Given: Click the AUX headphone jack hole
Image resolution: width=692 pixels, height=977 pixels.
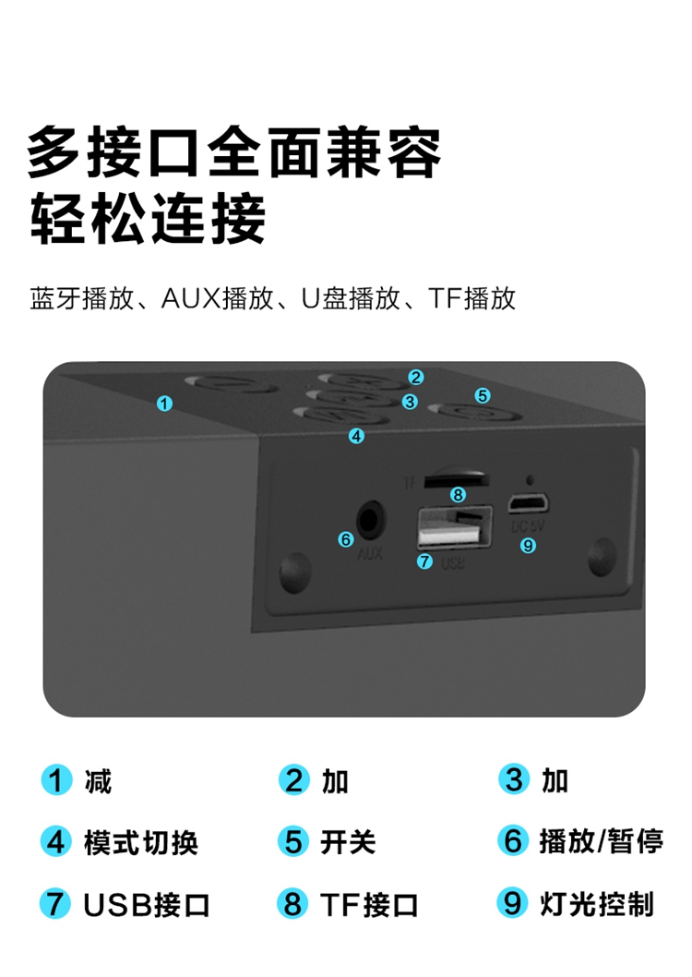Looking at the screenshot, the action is (371, 520).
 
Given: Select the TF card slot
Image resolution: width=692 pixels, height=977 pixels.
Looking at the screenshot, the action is (456, 479).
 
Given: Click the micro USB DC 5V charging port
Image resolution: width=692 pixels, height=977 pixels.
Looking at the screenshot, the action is (528, 502).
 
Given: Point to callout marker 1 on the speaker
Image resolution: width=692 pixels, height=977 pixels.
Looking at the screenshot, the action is (164, 404).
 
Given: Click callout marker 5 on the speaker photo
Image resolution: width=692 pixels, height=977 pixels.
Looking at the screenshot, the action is (483, 395).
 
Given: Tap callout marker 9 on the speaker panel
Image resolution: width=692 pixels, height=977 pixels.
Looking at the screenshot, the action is (528, 545).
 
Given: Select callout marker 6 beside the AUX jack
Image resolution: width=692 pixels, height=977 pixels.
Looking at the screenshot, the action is (345, 539).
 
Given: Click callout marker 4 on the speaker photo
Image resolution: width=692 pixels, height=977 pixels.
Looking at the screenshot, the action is (356, 436).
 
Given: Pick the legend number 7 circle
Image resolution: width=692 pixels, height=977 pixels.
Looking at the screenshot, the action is (55, 903).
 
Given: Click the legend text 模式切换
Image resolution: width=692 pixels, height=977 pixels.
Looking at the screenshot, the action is (141, 842).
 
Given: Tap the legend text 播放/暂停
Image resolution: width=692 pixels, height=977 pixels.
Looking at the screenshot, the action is (602, 841).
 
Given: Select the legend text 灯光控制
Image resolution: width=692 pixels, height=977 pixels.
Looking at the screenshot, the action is (597, 904).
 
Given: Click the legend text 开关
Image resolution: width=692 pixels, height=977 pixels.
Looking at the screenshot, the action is (348, 842).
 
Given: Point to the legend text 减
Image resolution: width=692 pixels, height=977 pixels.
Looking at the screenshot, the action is (99, 781).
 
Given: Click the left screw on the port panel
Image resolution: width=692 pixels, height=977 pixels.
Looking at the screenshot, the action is (295, 570).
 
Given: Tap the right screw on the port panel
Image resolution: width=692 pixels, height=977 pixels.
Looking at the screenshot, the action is (602, 556).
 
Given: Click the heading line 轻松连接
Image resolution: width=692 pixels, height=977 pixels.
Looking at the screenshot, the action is (149, 219).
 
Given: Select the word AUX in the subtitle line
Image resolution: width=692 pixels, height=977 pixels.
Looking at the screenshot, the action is (191, 298).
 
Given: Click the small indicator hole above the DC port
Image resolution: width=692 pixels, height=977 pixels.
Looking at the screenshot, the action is (530, 480).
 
